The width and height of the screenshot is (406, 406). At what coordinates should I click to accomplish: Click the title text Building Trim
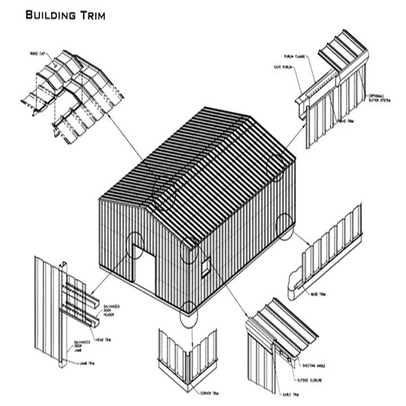click(65, 16)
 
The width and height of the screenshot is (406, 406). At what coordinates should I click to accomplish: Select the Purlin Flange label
click(294, 56)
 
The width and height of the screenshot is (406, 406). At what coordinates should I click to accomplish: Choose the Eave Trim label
click(346, 121)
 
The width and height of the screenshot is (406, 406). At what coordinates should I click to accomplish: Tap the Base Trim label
click(318, 293)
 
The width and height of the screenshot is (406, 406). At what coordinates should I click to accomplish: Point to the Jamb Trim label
click(87, 363)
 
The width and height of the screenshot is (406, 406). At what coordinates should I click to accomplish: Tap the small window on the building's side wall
click(206, 267)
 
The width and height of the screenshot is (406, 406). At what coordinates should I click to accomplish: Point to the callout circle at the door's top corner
click(135, 245)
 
